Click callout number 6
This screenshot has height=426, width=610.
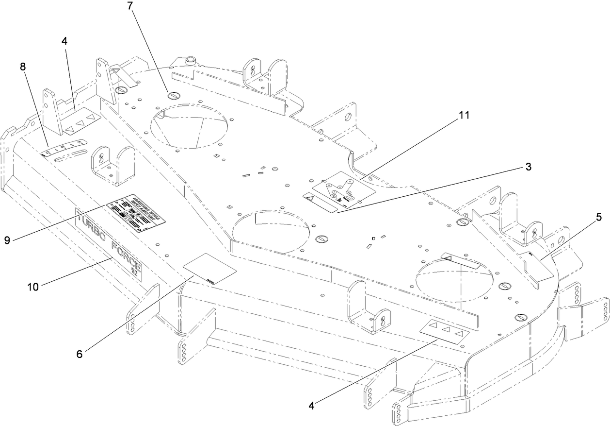tap(79, 354)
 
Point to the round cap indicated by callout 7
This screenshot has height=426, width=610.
tap(174, 96)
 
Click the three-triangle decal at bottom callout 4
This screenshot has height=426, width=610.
tap(446, 331)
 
